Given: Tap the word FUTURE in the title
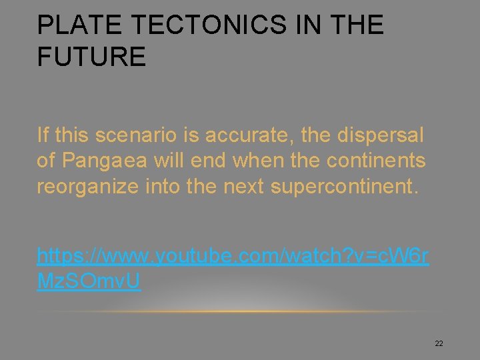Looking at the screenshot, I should click(x=91, y=57).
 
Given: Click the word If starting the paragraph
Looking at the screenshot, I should click(x=43, y=136).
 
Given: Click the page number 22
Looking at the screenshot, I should click(x=439, y=343).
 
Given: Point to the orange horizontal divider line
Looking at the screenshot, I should click(x=240, y=312).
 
